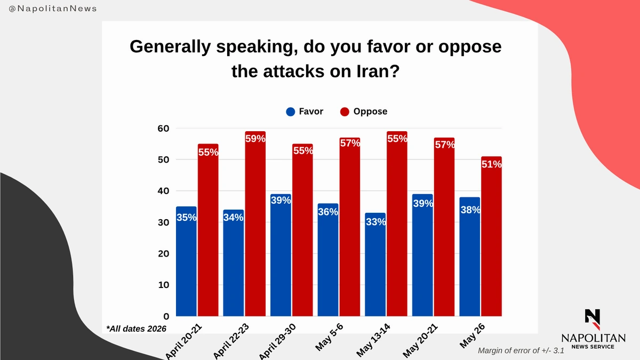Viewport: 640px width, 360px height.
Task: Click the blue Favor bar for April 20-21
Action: [186, 261]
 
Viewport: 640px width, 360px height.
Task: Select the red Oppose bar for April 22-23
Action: [255, 223]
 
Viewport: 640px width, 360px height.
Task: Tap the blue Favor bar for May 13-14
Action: [375, 265]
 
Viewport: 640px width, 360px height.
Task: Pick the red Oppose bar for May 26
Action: [491, 236]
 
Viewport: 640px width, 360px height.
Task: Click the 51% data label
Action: [491, 164]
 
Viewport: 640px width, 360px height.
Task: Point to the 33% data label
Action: [375, 222]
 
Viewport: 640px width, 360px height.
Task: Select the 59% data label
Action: [255, 139]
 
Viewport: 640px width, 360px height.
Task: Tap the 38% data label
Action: [470, 210]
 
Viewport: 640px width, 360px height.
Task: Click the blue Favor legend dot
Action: [290, 111]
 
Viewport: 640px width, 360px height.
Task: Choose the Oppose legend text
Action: [370, 111]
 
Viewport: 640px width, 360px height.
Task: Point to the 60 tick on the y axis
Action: [163, 129]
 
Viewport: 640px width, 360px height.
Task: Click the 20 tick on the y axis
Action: [163, 254]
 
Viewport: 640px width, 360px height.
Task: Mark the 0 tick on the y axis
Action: [166, 316]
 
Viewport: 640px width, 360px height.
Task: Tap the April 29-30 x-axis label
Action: [277, 341]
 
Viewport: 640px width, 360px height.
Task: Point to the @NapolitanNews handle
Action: [53, 9]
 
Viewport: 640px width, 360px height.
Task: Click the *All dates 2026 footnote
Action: [137, 329]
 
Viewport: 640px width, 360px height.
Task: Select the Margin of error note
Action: [521, 350]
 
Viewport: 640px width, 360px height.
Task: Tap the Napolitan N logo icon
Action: [593, 319]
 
